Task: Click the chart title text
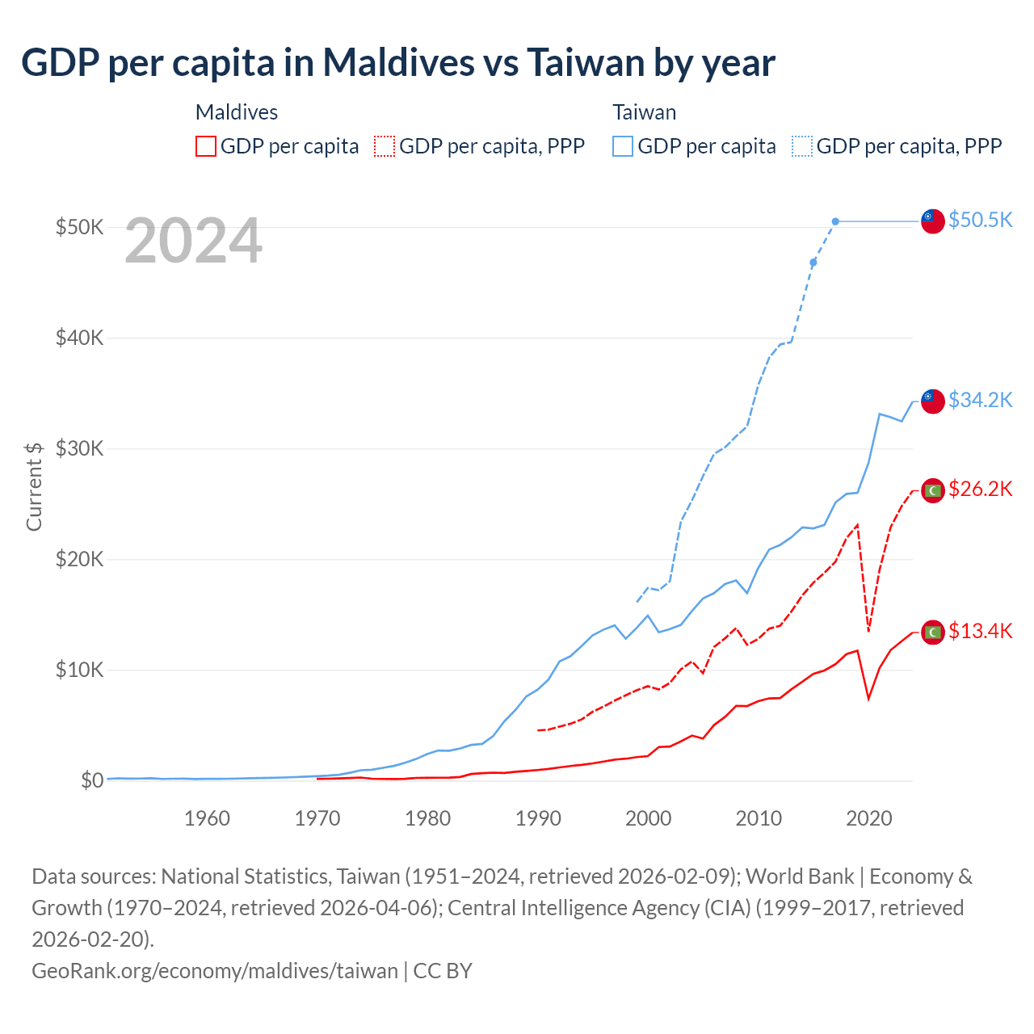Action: click(x=398, y=62)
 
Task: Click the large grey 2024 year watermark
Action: click(x=194, y=241)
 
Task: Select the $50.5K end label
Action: click(x=980, y=220)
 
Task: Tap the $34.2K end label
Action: click(x=980, y=400)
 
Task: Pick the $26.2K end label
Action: click(x=980, y=489)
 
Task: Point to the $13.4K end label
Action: click(x=980, y=631)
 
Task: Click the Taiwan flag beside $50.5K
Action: click(x=933, y=221)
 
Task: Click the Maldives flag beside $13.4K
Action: click(x=933, y=632)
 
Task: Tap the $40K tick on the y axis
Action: click(x=79, y=338)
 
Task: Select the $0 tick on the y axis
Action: click(x=92, y=780)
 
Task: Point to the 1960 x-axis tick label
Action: click(x=207, y=818)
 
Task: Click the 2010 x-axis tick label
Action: click(x=759, y=818)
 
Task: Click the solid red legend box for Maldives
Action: click(x=206, y=146)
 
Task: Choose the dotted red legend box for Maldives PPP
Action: click(x=385, y=146)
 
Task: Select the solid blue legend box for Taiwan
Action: click(x=623, y=146)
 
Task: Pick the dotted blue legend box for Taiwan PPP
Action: click(x=802, y=146)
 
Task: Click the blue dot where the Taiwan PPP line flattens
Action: click(x=835, y=221)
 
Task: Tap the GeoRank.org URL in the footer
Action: click(x=215, y=970)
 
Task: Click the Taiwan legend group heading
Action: click(x=644, y=112)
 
